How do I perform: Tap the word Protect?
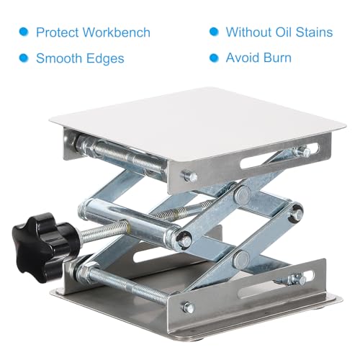pos(57,32)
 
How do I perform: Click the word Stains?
pos(314,32)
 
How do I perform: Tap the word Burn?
pos(277,58)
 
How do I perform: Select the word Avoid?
pos(243,58)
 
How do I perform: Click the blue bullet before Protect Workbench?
pos(24,32)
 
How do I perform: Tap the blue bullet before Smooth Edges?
pos(24,58)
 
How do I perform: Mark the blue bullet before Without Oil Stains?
pos(214,32)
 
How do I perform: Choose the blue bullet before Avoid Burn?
pos(214,58)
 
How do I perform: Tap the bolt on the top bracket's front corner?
pos(190,176)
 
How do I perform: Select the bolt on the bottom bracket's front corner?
pos(189,307)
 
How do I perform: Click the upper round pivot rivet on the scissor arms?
pos(243,194)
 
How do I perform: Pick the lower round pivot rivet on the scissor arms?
pos(241,259)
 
